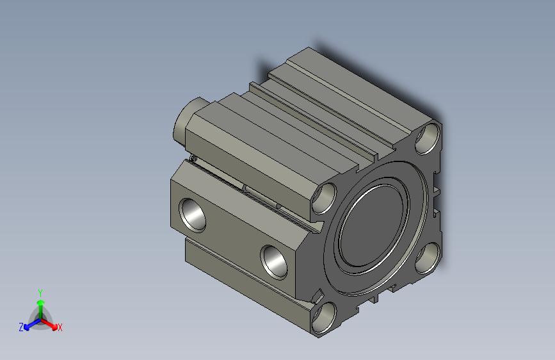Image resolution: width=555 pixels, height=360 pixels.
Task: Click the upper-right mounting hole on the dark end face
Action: click(427, 138)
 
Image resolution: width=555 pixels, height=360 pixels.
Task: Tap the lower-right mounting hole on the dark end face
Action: click(428, 258)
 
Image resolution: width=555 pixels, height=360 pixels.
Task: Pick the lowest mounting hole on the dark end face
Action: click(324, 318)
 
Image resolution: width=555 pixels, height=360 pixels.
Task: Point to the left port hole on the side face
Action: click(192, 215)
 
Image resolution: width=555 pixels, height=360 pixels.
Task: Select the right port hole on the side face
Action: click(273, 262)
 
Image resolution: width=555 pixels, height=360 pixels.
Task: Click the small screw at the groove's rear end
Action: click(193, 158)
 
